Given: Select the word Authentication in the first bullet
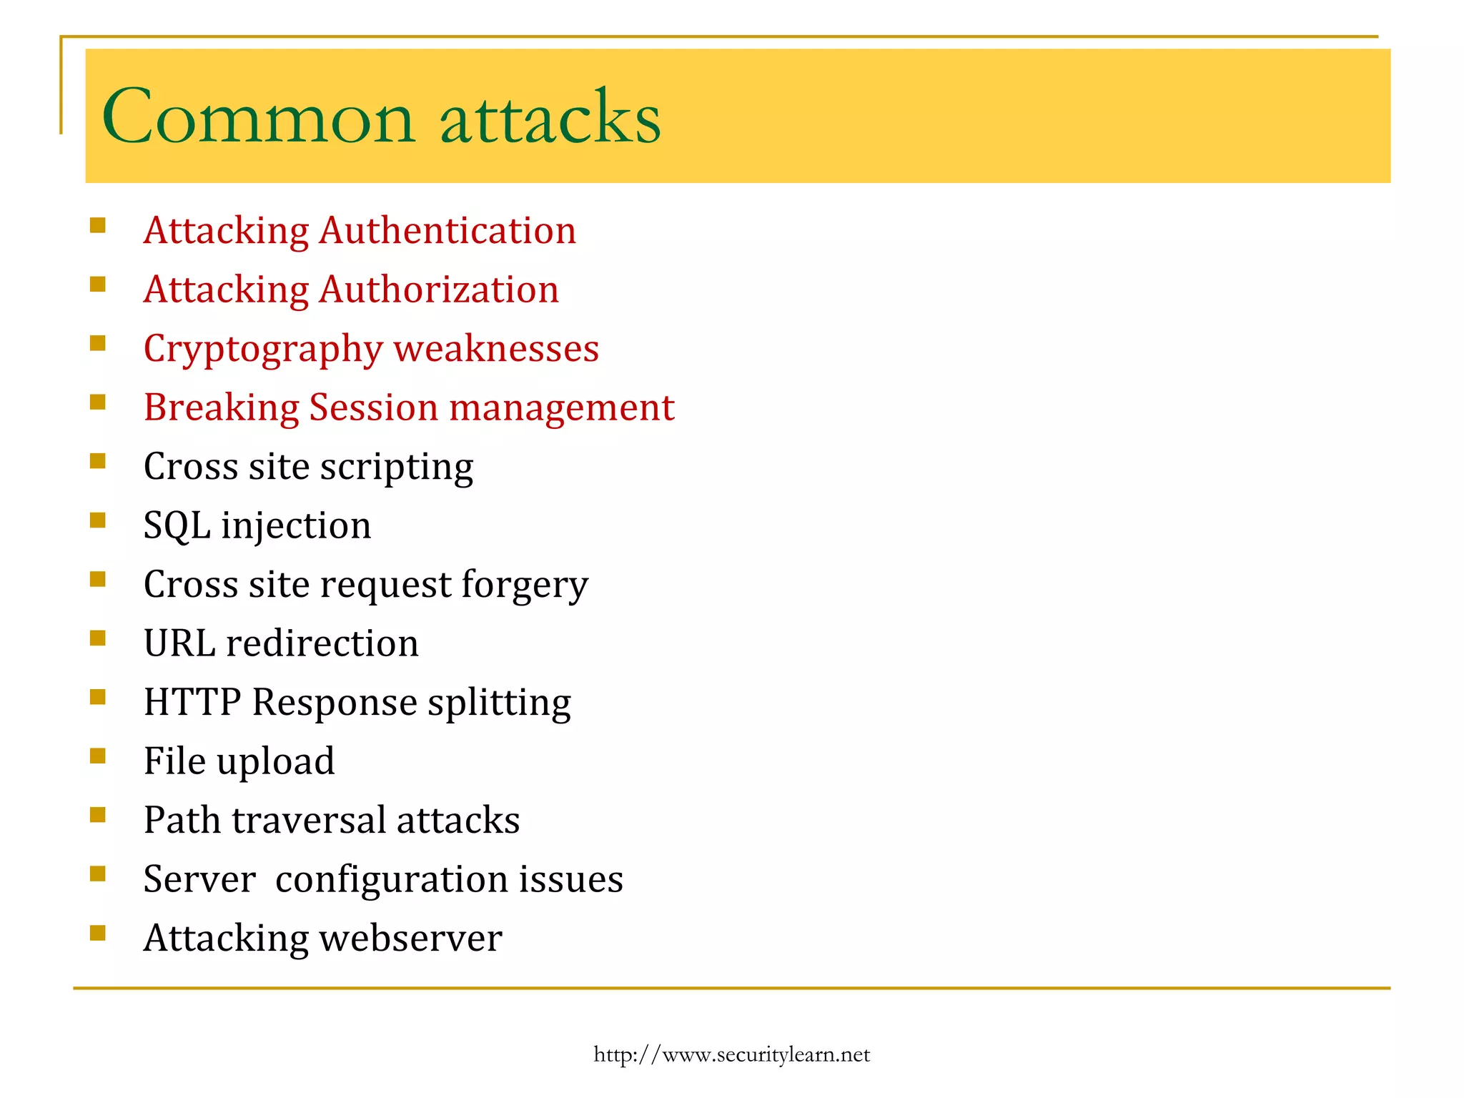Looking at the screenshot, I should point(447,231).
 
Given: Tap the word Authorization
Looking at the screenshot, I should point(439,290).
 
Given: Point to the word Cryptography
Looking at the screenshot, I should point(264,350).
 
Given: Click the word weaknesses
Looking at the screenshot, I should point(496,349).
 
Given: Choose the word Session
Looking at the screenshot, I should point(373,408).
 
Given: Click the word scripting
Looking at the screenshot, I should point(397,468).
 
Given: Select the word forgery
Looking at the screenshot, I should point(525,586).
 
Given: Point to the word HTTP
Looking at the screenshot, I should point(192,702).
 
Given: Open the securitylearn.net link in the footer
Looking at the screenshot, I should point(731,1055).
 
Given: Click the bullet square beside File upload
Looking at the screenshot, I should point(98,756).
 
